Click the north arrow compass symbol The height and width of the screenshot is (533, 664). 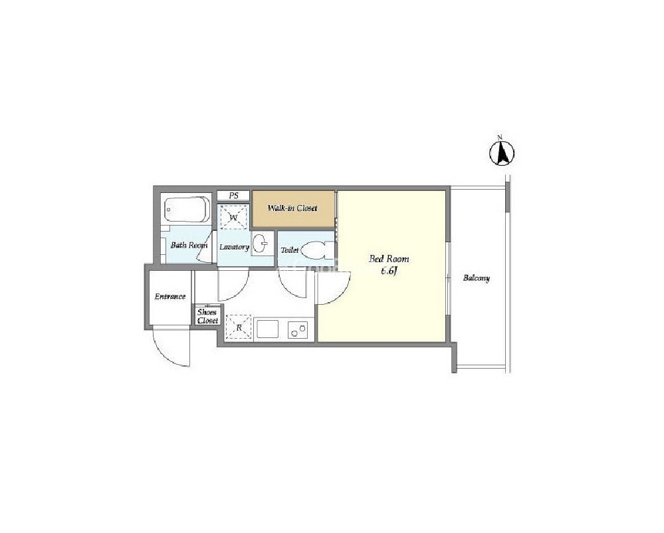(502, 152)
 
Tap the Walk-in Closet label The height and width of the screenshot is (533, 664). (292, 208)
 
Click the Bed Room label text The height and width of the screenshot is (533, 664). (389, 259)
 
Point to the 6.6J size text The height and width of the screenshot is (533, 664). (388, 271)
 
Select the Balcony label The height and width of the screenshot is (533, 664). (477, 278)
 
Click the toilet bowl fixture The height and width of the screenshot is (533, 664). (318, 250)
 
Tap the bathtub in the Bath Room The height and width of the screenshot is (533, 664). (187, 209)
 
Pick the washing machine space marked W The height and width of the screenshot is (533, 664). (233, 217)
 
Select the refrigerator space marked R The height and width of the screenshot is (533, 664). (239, 327)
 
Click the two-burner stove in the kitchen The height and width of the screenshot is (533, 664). (298, 329)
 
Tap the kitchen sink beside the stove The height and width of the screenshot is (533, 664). (268, 329)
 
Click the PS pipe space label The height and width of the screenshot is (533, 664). (233, 196)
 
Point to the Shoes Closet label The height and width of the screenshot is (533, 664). (207, 316)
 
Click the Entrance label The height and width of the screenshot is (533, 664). (169, 296)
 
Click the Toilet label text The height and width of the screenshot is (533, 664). (290, 250)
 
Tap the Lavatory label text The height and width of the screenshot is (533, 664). (234, 247)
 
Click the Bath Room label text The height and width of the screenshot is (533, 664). (189, 245)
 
